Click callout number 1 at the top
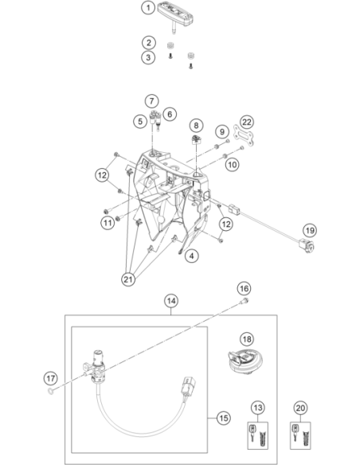(x=148, y=7)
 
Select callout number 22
(x=247, y=122)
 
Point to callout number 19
(x=310, y=230)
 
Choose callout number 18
(x=247, y=339)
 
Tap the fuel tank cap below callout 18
(x=244, y=364)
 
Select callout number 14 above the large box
(x=171, y=301)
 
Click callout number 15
(x=223, y=418)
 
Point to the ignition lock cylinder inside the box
(x=95, y=365)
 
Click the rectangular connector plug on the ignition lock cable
(x=189, y=386)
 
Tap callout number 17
(x=50, y=378)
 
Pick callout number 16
(x=244, y=288)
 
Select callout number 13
(x=258, y=408)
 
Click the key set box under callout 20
(x=300, y=436)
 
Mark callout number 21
(x=128, y=279)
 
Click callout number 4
(x=192, y=256)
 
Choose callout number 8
(x=196, y=126)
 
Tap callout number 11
(x=108, y=222)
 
